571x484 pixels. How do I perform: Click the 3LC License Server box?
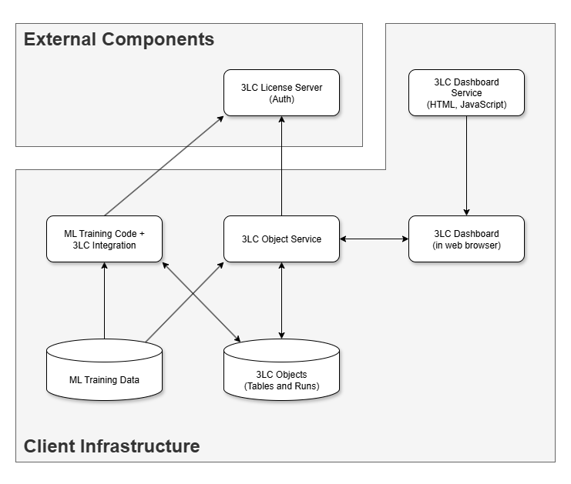click(281, 92)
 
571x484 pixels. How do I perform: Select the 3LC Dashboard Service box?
click(466, 92)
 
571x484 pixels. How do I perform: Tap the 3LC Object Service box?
click(281, 239)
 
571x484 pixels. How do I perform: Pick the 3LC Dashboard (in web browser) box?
click(466, 239)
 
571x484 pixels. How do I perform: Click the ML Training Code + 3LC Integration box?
click(104, 239)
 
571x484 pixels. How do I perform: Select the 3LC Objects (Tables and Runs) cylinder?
click(281, 371)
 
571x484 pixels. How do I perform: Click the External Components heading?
click(119, 39)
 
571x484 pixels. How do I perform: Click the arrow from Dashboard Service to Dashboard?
click(466, 165)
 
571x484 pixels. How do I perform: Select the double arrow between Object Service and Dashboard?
click(374, 239)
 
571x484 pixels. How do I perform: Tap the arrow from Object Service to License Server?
click(281, 165)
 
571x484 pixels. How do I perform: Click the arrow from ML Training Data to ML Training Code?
click(104, 300)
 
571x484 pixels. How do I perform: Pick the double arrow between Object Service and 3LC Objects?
click(281, 300)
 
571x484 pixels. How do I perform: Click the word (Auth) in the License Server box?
click(281, 99)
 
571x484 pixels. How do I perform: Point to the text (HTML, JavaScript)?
click(466, 104)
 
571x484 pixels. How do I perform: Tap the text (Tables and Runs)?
click(281, 386)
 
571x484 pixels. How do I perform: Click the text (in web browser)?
click(466, 245)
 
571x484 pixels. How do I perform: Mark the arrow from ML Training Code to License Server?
click(164, 165)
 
